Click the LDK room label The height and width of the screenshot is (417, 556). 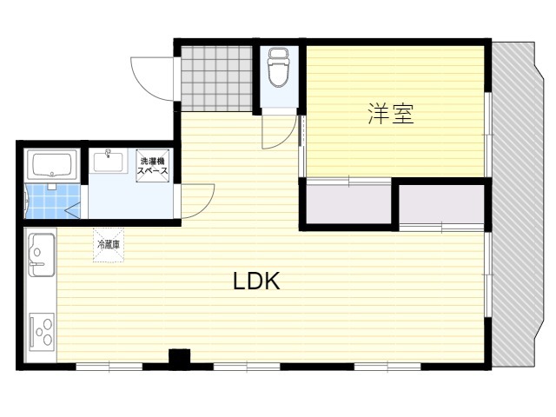256,281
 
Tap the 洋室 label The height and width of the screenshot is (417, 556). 391,114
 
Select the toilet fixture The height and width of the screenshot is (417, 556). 278,67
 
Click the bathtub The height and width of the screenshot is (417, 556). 52,164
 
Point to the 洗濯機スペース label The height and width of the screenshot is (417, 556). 153,166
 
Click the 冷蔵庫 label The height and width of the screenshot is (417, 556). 109,244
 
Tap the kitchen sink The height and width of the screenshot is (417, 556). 41,255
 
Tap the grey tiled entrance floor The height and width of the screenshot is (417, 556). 216,78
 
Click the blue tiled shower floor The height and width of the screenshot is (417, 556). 52,201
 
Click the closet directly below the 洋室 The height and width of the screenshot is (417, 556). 348,203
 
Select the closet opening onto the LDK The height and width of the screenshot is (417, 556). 441,204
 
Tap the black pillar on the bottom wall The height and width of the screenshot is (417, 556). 179,359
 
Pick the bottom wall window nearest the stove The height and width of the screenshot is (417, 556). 109,367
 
